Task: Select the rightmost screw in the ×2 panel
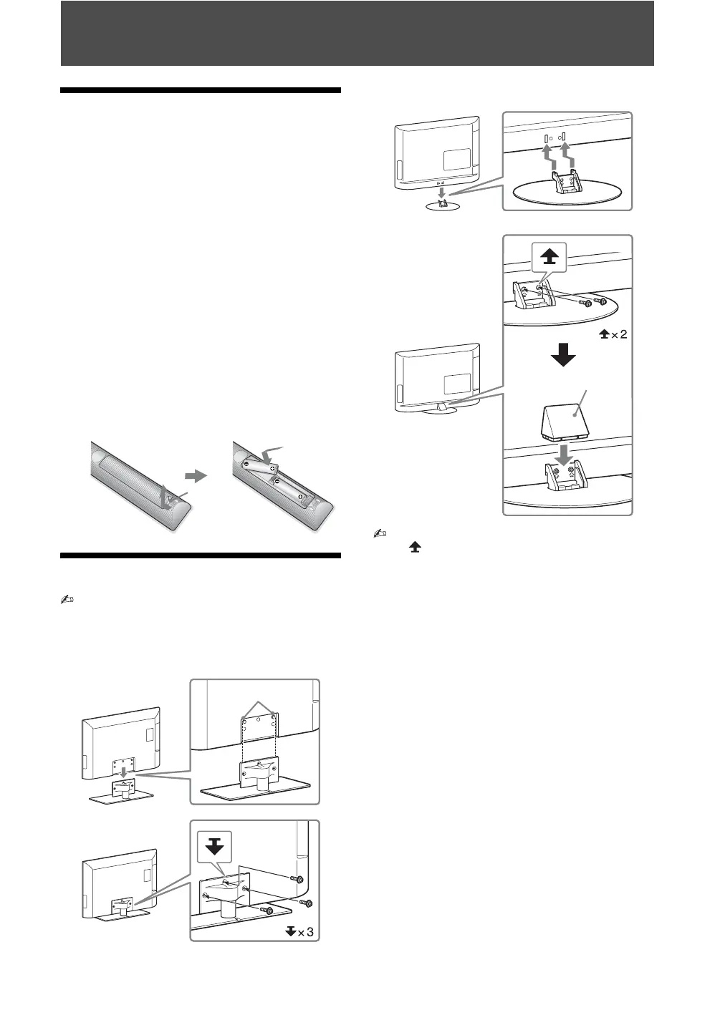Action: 603,301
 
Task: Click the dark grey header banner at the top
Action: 357,33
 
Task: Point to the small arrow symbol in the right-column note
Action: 413,546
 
